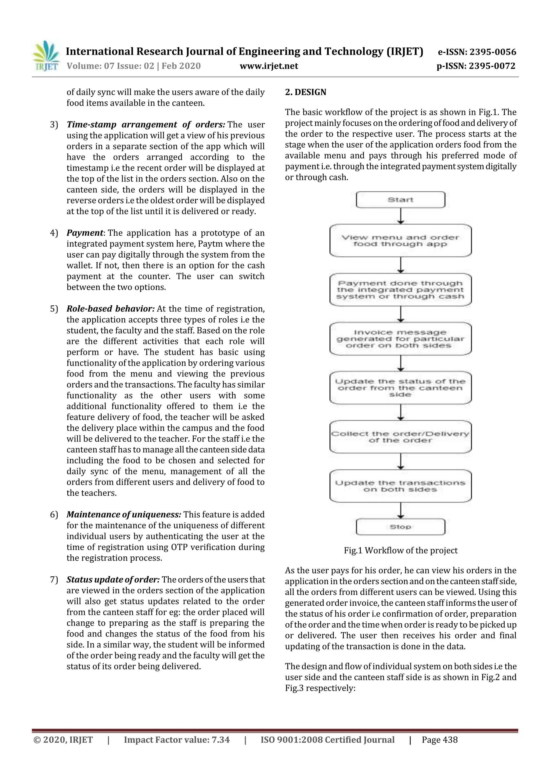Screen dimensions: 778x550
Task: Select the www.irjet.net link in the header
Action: pyautogui.click(x=269, y=66)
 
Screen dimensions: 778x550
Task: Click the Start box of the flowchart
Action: pyautogui.click(x=400, y=200)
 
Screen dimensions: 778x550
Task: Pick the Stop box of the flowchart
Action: pyautogui.click(x=400, y=527)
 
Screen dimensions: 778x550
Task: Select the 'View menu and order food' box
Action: pyautogui.click(x=400, y=241)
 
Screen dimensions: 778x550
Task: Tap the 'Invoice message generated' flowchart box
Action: pyautogui.click(x=400, y=339)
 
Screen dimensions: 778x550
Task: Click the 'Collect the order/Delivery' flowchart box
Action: pyautogui.click(x=400, y=437)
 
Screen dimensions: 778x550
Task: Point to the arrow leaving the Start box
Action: pyautogui.click(x=401, y=216)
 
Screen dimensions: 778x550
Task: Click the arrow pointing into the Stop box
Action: pyautogui.click(x=401, y=510)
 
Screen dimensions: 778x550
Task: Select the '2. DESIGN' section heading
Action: pyautogui.click(x=305, y=92)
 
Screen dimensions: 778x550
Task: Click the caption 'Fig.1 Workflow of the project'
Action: pyautogui.click(x=401, y=551)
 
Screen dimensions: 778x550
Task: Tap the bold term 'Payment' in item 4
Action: pyautogui.click(x=85, y=233)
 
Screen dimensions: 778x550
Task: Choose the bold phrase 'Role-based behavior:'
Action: pyautogui.click(x=110, y=309)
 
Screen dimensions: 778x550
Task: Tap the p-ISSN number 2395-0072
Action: pyautogui.click(x=492, y=66)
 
